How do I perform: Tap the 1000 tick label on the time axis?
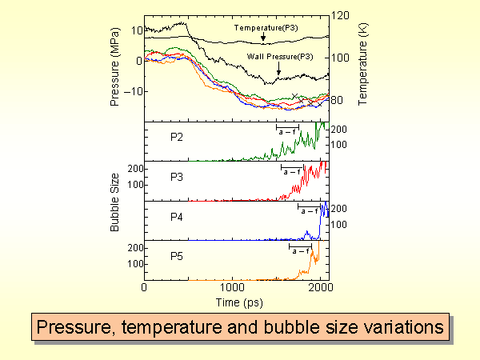point(233,287)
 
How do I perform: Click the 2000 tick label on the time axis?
point(320,287)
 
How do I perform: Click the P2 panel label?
point(178,136)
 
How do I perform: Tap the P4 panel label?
point(178,216)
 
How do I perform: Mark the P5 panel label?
point(178,256)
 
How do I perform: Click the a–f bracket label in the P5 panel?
point(301,251)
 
